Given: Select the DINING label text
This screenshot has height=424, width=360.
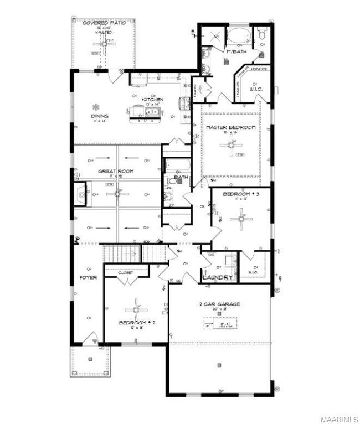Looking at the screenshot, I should click(100, 116).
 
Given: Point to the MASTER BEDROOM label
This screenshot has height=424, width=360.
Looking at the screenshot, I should click(230, 127).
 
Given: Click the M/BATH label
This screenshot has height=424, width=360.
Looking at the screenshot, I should click(236, 51).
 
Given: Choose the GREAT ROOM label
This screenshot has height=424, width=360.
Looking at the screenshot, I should click(116, 172).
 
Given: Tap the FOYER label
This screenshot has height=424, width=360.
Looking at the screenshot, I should click(88, 277).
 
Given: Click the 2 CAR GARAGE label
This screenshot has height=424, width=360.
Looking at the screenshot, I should click(219, 304).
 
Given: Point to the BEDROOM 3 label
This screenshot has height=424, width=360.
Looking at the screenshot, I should click(241, 195).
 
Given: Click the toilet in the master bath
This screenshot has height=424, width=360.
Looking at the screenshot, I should click(261, 36).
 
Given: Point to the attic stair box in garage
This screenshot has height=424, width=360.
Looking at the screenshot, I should click(219, 323).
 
